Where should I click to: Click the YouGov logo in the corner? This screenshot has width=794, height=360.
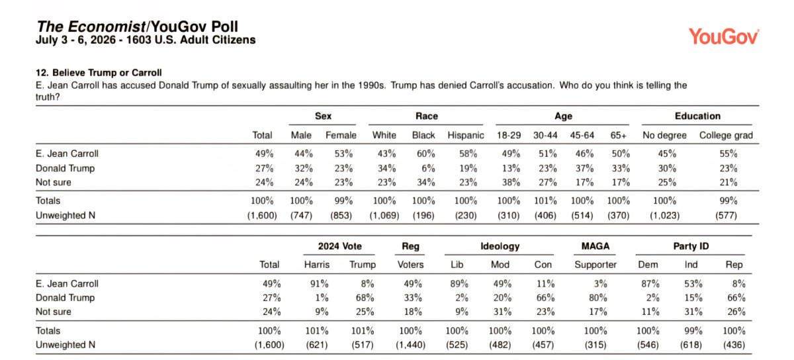point(723,36)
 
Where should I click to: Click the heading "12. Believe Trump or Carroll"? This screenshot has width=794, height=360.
point(99,73)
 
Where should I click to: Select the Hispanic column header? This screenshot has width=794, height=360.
point(465,135)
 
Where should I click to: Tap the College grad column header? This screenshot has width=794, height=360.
point(726,135)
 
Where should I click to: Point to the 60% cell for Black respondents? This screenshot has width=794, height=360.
point(425,154)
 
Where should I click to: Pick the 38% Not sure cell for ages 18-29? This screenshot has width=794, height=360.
point(511,182)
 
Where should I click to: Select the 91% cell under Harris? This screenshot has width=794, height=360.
point(319,284)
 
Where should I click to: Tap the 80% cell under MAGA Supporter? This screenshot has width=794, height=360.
point(598,298)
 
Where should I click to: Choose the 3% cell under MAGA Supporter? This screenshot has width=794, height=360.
point(601,284)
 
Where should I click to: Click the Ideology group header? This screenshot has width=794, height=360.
point(500,246)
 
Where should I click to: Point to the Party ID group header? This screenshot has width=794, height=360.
point(691,246)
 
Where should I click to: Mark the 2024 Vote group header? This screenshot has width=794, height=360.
point(339,246)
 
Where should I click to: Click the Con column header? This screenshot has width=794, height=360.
point(543,265)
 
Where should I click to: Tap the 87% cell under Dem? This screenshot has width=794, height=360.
point(650,284)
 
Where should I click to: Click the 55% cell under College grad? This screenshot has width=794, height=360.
point(728,154)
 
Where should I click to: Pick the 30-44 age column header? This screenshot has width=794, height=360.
point(545,135)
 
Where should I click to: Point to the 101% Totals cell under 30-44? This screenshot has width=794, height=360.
point(545,201)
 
